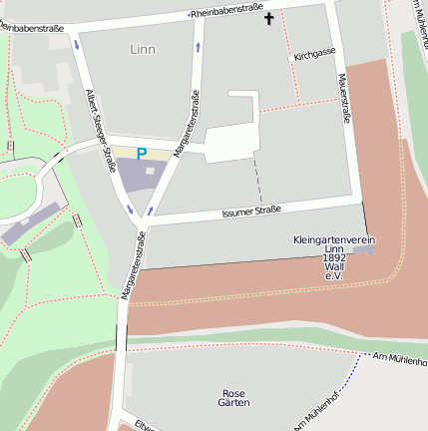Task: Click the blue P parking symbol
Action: pyautogui.click(x=141, y=154)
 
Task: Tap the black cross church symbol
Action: pyautogui.click(x=267, y=18)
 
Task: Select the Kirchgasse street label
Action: pyautogui.click(x=315, y=56)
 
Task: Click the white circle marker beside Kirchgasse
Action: pyautogui.click(x=291, y=58)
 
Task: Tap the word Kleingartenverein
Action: pyautogui.click(x=334, y=240)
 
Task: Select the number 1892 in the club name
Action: pyautogui.click(x=334, y=258)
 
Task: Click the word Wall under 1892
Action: pyautogui.click(x=334, y=267)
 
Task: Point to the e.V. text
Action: pyautogui.click(x=334, y=276)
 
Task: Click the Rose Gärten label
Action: pyautogui.click(x=233, y=397)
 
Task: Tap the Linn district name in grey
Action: pyautogui.click(x=143, y=48)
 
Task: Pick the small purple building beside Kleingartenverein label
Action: pyautogui.click(x=365, y=249)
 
